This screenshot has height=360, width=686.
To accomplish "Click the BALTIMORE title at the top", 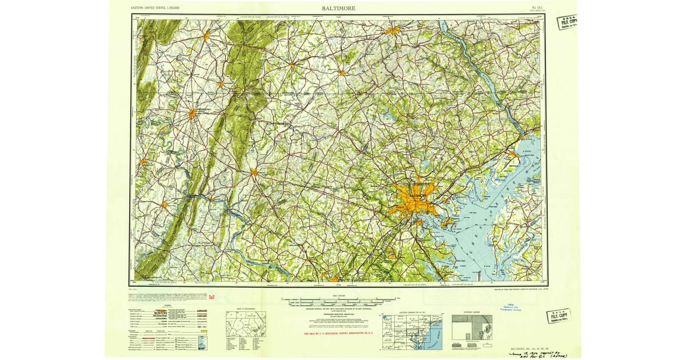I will (x=338, y=9).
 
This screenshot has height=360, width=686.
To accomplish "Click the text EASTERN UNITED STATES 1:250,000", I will (x=155, y=9).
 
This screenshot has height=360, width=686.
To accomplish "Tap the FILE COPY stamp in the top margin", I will (x=568, y=22).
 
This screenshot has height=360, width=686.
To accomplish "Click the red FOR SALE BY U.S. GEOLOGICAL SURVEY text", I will (x=339, y=333).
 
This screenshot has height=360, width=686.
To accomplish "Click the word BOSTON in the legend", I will (x=164, y=313).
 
